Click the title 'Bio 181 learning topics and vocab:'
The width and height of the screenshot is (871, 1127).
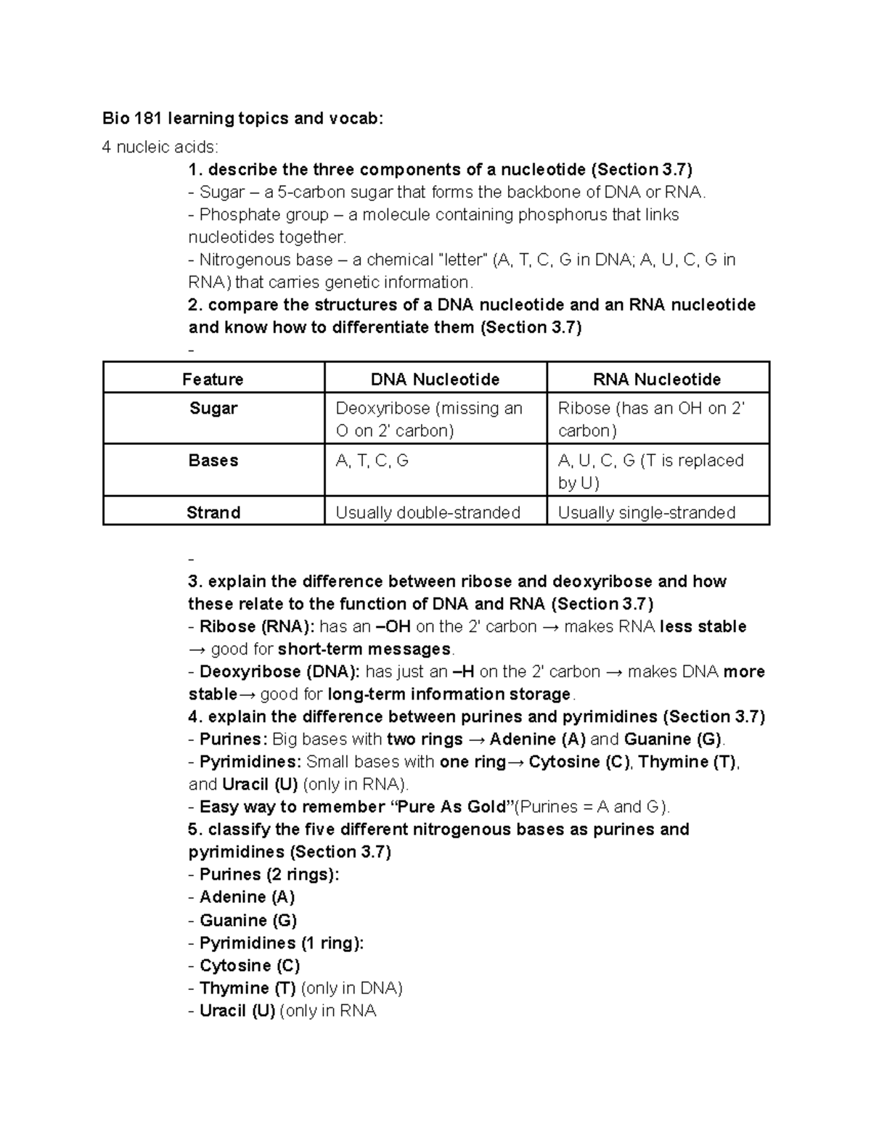(242, 118)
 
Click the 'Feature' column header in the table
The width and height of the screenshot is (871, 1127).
(213, 380)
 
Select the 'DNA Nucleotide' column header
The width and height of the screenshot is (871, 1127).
(435, 380)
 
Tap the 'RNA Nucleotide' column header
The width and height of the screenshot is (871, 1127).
(657, 380)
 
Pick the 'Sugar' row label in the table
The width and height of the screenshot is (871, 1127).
(213, 409)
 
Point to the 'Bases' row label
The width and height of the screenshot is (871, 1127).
(213, 461)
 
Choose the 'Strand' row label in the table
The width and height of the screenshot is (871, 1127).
(213, 513)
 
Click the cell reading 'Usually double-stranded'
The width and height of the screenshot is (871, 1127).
(428, 513)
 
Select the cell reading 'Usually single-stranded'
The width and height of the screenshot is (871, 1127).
(646, 513)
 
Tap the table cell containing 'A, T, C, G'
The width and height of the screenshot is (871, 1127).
(372, 461)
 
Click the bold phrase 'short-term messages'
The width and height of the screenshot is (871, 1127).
(364, 649)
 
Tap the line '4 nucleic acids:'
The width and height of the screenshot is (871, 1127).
(160, 147)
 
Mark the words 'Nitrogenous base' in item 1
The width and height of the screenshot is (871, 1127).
(266, 260)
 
